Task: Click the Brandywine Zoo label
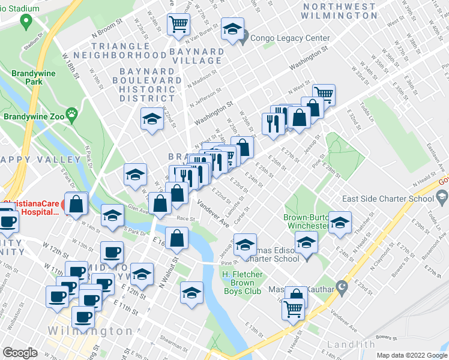click(31, 101)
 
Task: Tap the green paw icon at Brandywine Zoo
click(73, 113)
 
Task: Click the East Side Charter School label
click(388, 199)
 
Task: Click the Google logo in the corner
click(21, 352)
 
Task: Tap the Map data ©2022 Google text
click(412, 355)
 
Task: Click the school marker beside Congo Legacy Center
click(232, 29)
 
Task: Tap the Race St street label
click(185, 220)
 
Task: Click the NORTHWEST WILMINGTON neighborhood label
click(340, 11)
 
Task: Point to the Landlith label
click(351, 344)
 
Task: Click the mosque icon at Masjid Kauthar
click(342, 286)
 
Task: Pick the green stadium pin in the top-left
click(26, 22)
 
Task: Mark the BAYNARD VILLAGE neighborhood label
click(188, 56)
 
